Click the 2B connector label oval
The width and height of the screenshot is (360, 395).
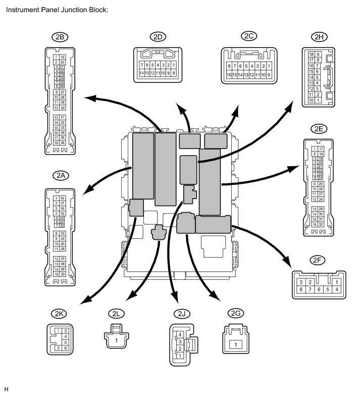coord(60,37)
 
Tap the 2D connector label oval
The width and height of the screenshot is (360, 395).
coord(158,37)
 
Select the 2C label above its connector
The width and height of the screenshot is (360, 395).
coord(248,36)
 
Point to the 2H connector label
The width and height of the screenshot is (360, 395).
coord(318,37)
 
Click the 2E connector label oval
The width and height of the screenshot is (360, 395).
coord(319,129)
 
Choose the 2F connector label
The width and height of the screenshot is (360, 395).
coord(318,261)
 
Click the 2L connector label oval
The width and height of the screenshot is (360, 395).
coord(117,314)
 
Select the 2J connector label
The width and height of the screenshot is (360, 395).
coord(181,314)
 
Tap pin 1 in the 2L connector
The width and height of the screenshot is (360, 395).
coord(117,340)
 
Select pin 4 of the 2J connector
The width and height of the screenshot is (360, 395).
coord(179,335)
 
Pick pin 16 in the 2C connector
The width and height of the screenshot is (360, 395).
coord(230,75)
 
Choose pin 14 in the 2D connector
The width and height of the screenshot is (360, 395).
coord(142,73)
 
